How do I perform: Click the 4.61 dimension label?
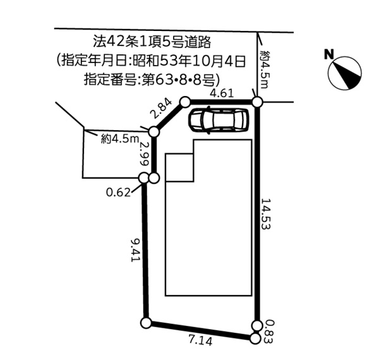click(x=222, y=93)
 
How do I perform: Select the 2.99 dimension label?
click(x=144, y=153)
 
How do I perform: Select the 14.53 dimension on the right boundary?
click(x=267, y=215)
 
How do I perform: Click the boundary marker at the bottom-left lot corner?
click(x=146, y=323)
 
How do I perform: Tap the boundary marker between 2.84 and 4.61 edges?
click(x=185, y=101)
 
